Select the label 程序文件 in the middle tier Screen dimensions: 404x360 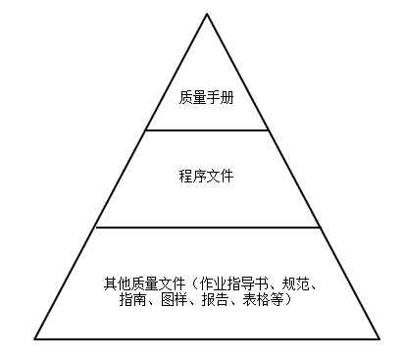coord(206,177)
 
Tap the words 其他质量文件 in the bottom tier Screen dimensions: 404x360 coord(141,284)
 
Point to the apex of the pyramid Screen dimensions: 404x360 coord(207,14)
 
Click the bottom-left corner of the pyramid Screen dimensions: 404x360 coord(35,339)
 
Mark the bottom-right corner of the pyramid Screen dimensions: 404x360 coord(379,339)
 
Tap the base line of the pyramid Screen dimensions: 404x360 coord(207,339)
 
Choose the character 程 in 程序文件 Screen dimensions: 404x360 coord(186,177)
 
